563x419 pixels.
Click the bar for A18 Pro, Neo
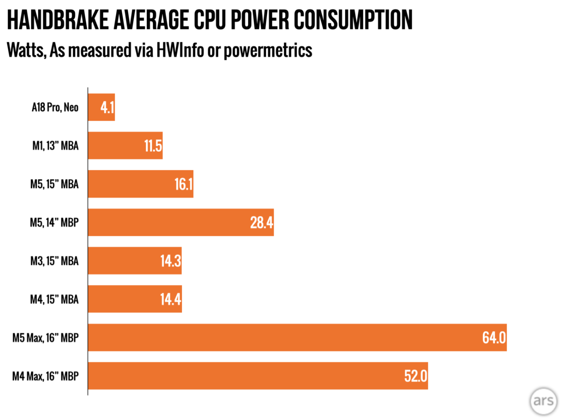click(101, 107)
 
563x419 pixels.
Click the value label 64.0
click(494, 338)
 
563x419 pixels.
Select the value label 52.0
click(415, 376)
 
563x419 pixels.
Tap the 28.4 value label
click(261, 222)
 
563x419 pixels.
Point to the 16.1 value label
click(183, 184)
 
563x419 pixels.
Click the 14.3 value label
click(171, 261)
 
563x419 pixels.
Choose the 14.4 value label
click(171, 299)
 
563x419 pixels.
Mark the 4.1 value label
click(107, 107)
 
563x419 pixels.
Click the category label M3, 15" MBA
click(54, 261)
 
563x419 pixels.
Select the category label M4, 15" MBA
click(54, 299)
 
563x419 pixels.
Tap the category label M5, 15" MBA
click(54, 184)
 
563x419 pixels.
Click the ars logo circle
click(543, 401)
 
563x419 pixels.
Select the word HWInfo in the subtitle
click(180, 50)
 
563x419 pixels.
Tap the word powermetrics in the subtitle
click(268, 50)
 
